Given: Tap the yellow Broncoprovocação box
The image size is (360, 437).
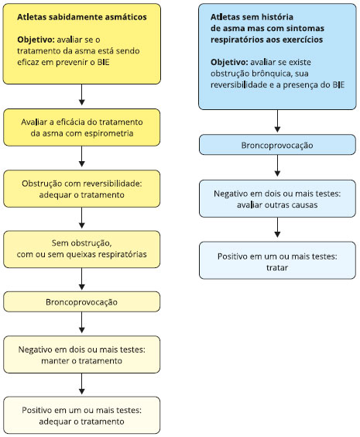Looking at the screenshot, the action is [x=81, y=302].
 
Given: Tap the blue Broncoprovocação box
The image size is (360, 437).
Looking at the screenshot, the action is [x=277, y=145].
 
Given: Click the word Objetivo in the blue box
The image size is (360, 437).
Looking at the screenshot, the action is [x=229, y=62].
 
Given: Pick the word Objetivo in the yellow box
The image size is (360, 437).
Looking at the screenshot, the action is [x=36, y=40].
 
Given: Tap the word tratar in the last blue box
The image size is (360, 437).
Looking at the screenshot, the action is [x=277, y=267].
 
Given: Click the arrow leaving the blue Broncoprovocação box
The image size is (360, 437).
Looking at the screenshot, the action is [x=277, y=166].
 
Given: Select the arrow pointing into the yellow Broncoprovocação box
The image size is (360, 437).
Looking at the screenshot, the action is [x=81, y=279].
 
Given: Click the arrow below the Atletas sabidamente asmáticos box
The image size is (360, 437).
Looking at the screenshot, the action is [x=81, y=95].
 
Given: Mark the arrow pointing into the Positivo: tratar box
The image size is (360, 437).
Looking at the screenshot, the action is [x=277, y=228].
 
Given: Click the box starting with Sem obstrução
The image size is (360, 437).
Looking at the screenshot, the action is [x=81, y=249].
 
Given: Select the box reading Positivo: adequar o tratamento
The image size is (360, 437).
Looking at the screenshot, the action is [x=81, y=415].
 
